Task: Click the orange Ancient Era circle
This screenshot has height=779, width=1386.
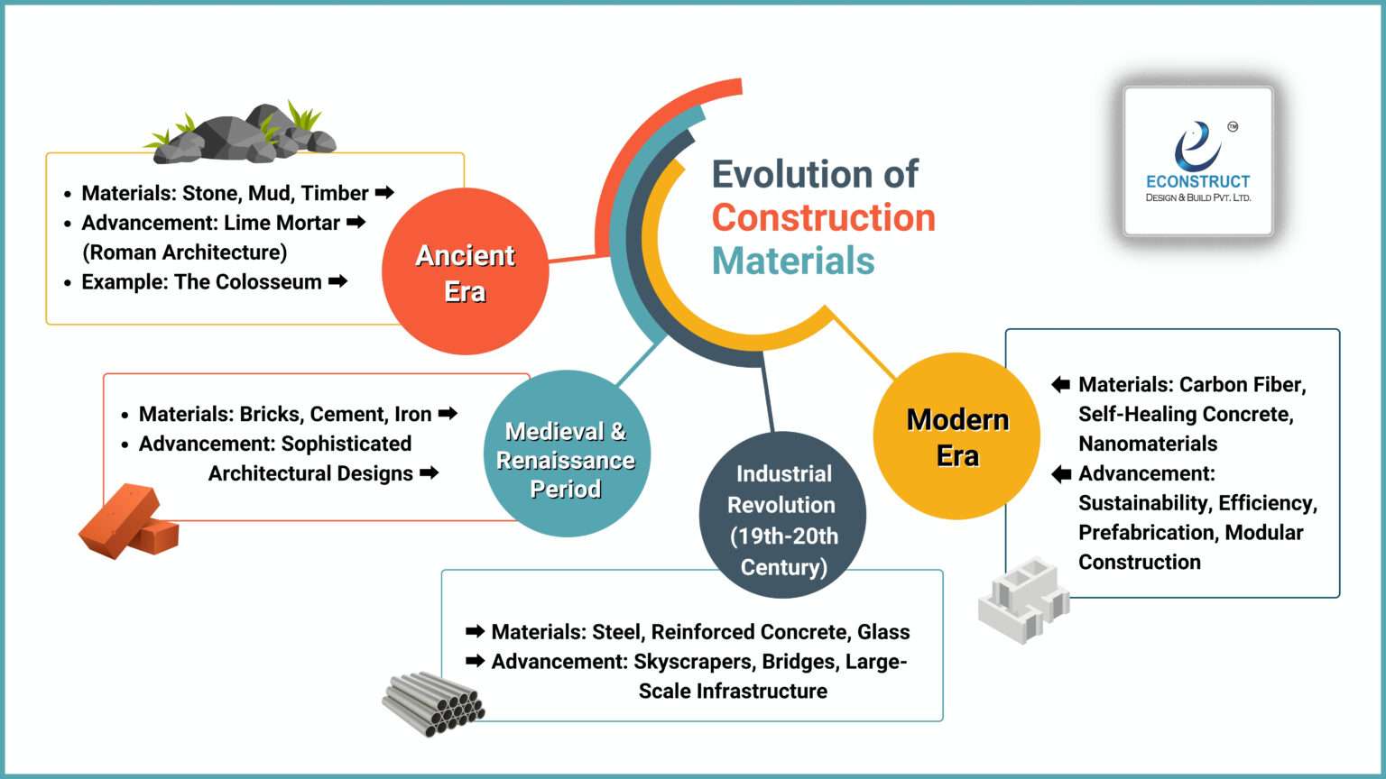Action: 465,271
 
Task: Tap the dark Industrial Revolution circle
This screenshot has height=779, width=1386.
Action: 782,515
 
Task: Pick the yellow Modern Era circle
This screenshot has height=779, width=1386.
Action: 956,435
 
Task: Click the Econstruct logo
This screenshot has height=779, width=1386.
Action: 1197,161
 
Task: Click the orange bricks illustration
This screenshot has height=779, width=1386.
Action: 128,522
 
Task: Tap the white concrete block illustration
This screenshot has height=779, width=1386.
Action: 1022,599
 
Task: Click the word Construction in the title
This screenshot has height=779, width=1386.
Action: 823,217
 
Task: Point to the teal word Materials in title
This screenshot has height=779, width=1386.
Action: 793,261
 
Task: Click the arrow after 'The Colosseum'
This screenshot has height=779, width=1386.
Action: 338,281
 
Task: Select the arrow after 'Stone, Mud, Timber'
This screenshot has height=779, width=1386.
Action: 384,192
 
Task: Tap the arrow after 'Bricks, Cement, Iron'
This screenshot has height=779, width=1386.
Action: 448,414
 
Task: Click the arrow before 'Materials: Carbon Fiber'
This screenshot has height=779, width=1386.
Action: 1061,385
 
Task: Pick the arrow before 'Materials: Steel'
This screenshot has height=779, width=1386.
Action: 475,631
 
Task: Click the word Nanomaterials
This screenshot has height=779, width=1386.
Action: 1148,444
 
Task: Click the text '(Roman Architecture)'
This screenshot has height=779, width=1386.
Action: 185,252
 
